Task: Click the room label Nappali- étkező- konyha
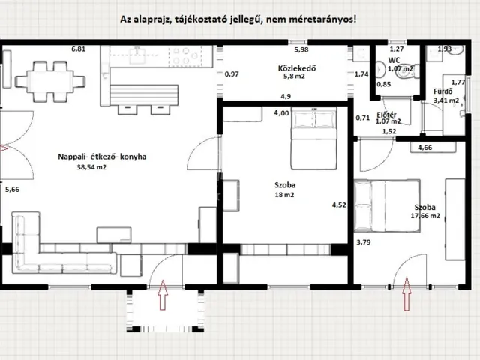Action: [x=102, y=157]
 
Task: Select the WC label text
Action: [x=393, y=59]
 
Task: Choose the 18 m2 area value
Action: [x=284, y=194]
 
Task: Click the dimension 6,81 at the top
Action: [x=79, y=49]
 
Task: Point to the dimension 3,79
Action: [x=363, y=241]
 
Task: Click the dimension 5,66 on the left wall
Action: [x=12, y=190]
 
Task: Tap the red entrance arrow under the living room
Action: [x=163, y=294]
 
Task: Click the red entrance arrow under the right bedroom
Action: [x=407, y=292]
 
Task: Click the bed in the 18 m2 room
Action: [x=306, y=137]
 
